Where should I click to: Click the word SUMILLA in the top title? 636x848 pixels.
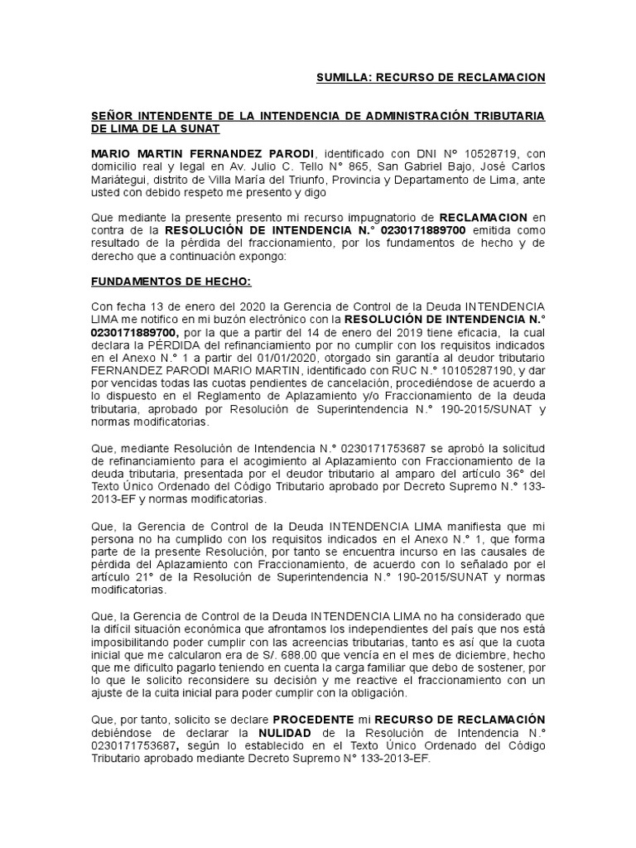(342, 77)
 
